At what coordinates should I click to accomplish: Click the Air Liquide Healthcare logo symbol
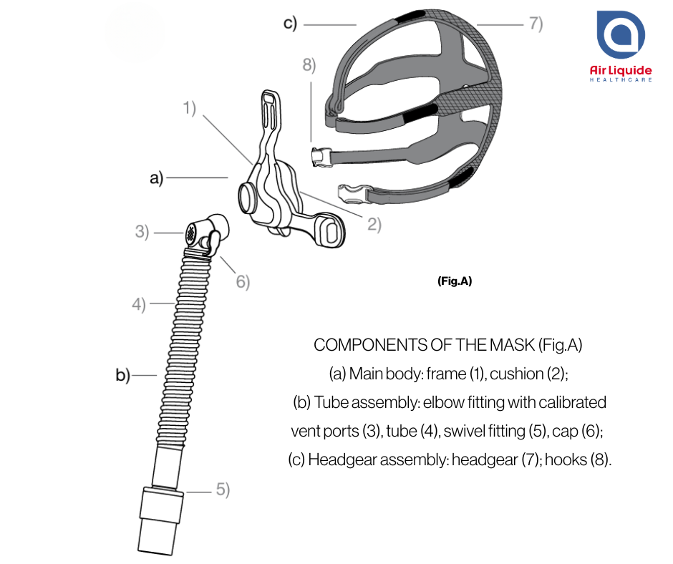click(x=621, y=34)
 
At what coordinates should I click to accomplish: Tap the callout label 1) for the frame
click(x=189, y=108)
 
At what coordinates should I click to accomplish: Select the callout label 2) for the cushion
click(x=374, y=224)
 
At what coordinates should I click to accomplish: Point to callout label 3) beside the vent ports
click(x=142, y=232)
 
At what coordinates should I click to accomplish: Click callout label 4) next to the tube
click(x=139, y=304)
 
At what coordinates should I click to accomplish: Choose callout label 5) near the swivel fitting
click(x=223, y=490)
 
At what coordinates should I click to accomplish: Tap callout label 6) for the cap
click(x=243, y=281)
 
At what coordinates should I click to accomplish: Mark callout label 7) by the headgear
click(x=536, y=23)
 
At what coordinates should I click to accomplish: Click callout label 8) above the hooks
click(x=309, y=65)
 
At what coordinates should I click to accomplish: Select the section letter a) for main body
click(x=157, y=178)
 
